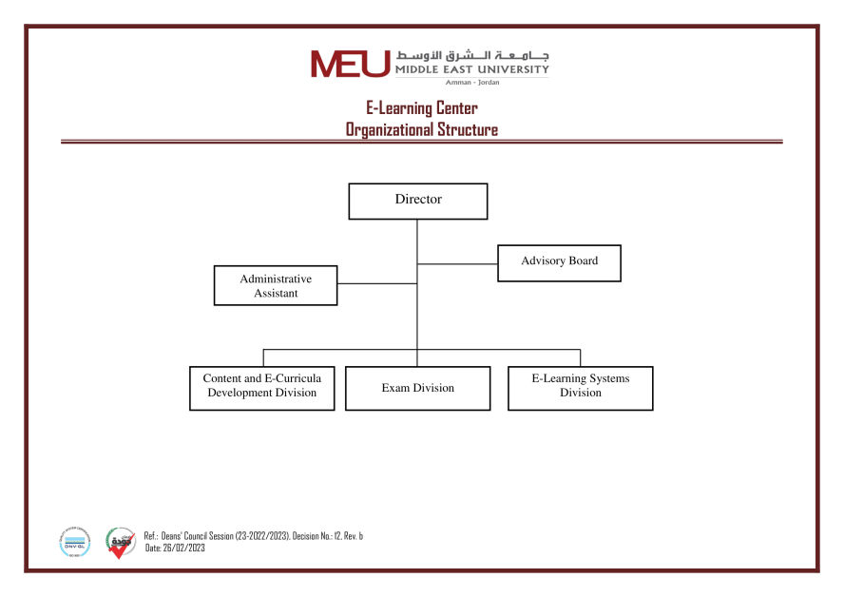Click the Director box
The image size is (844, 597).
click(x=417, y=201)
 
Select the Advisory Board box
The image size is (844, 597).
click(x=559, y=262)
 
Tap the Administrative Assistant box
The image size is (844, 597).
click(x=276, y=285)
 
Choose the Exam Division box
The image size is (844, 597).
click(x=417, y=388)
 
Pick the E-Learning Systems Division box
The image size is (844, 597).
click(x=580, y=388)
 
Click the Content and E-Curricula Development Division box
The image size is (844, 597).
click(x=261, y=388)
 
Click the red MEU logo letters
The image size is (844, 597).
click(x=349, y=63)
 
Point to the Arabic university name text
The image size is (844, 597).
click(x=471, y=55)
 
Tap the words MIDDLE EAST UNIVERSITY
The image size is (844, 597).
click(x=471, y=69)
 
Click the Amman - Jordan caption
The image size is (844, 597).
click(x=471, y=83)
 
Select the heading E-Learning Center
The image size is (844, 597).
click(x=421, y=108)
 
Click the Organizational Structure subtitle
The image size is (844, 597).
click(x=421, y=129)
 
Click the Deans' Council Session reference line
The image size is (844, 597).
click(x=253, y=536)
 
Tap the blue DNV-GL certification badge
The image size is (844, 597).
click(x=74, y=542)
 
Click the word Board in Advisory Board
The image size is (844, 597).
click(x=583, y=260)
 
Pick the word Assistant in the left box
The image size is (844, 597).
click(x=276, y=294)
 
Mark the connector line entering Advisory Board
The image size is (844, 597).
click(x=457, y=263)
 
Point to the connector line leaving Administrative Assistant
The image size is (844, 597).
click(x=377, y=283)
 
